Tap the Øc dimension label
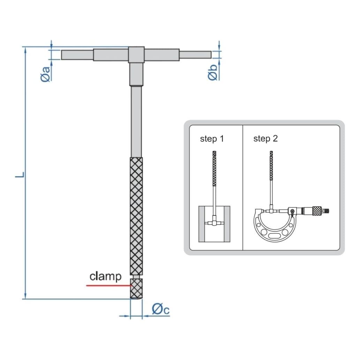click(160, 309)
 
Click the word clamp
click(105, 277)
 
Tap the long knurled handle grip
click(136, 216)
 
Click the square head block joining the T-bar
click(136, 55)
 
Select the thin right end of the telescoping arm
click(195, 55)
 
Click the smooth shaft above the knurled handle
click(136, 122)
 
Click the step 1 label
click(212, 139)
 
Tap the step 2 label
click(265, 139)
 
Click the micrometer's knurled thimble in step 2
click(316, 211)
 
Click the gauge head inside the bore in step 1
click(214, 222)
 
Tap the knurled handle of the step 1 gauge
click(214, 171)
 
